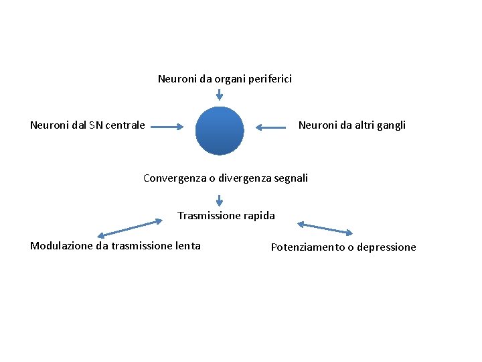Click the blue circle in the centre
tap(220, 131)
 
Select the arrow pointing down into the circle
tap(220, 95)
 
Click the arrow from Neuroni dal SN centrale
tap(167, 125)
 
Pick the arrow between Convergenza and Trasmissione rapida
tap(220, 199)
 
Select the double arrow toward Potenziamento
tap(325, 228)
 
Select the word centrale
tap(125, 125)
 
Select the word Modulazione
tap(62, 246)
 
